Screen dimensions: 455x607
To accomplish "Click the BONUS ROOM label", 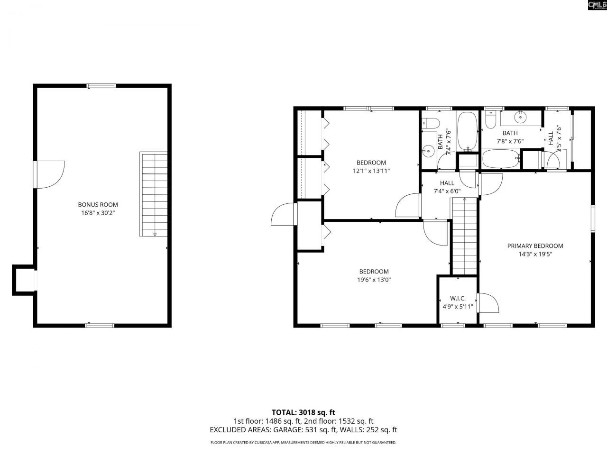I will point(98,205).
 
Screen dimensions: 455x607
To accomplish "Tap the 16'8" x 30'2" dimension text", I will point(98,213).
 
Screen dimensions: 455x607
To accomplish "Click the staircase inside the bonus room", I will point(154,194).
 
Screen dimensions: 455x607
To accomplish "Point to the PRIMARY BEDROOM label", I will point(535,246).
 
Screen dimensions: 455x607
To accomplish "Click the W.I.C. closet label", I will point(458,299).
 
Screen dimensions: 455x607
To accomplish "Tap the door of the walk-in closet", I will point(488,303).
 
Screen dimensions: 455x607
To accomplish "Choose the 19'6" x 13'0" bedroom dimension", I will point(374,280).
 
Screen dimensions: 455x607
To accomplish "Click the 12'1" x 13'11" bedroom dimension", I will point(371,171).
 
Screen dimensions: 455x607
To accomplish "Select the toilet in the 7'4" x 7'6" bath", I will point(430,123).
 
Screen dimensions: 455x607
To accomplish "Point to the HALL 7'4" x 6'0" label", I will point(447,187).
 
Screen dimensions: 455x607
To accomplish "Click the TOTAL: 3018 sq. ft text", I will point(303,412).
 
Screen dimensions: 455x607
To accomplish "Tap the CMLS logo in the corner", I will point(596,5).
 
